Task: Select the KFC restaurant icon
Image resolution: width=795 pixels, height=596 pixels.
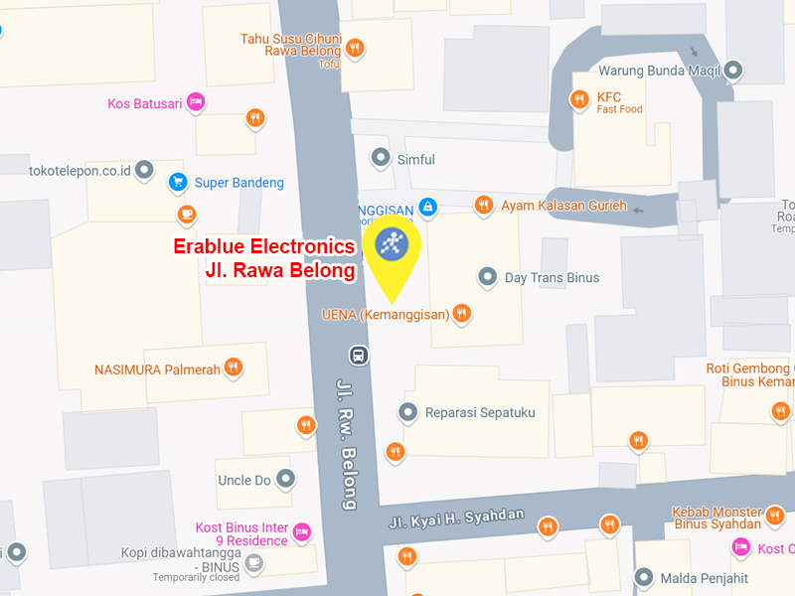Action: [x=579, y=98]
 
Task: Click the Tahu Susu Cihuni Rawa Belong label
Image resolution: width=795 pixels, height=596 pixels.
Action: [x=291, y=45]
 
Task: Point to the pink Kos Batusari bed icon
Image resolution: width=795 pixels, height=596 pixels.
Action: [x=196, y=100]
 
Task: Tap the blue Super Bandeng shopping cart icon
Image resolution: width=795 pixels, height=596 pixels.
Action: [x=178, y=182]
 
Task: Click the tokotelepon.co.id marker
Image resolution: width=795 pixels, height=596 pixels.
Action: [x=145, y=170]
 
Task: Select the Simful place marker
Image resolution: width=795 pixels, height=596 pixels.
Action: [x=380, y=158]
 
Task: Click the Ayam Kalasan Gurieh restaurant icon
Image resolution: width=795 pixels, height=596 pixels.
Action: [x=484, y=205]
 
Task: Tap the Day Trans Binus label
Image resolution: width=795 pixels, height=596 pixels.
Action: [x=552, y=277]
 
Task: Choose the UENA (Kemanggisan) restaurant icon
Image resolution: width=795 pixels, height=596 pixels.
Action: [x=461, y=314]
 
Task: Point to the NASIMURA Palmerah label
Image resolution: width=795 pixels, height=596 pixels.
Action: [x=157, y=369]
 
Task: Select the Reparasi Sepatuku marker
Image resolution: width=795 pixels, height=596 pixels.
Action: [x=407, y=411]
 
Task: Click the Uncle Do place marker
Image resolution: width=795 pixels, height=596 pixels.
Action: [x=286, y=480]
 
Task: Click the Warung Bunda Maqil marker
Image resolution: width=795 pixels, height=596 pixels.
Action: [x=733, y=71]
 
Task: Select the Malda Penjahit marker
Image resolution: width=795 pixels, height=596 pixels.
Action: [x=644, y=577]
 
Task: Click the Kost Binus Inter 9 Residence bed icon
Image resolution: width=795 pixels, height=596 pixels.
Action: [x=303, y=532]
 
